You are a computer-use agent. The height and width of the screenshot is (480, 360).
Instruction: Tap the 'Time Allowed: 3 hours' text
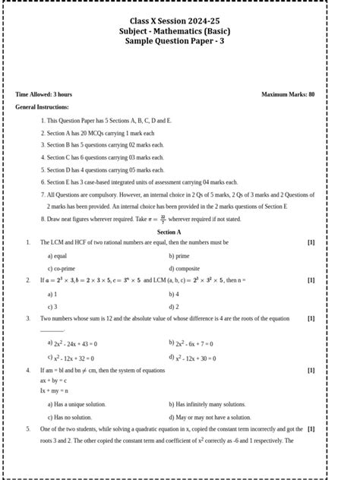tap(44, 94)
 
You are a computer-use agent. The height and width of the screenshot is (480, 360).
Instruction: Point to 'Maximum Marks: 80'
tap(288, 94)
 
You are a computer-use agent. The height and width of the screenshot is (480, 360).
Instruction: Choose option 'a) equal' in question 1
tap(58, 256)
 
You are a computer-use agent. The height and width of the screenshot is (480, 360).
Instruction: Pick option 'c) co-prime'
tap(62, 268)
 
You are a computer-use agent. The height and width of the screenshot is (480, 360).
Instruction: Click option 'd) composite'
tap(184, 268)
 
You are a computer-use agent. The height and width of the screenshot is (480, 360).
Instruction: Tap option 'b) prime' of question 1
tap(179, 256)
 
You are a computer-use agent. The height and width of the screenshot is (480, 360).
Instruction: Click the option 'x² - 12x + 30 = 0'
tap(193, 357)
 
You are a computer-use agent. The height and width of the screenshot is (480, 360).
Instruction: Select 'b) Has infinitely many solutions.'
tap(207, 404)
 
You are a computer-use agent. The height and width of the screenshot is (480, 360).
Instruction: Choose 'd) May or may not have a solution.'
tap(210, 417)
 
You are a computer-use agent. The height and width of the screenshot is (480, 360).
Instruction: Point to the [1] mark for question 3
tap(311, 318)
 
